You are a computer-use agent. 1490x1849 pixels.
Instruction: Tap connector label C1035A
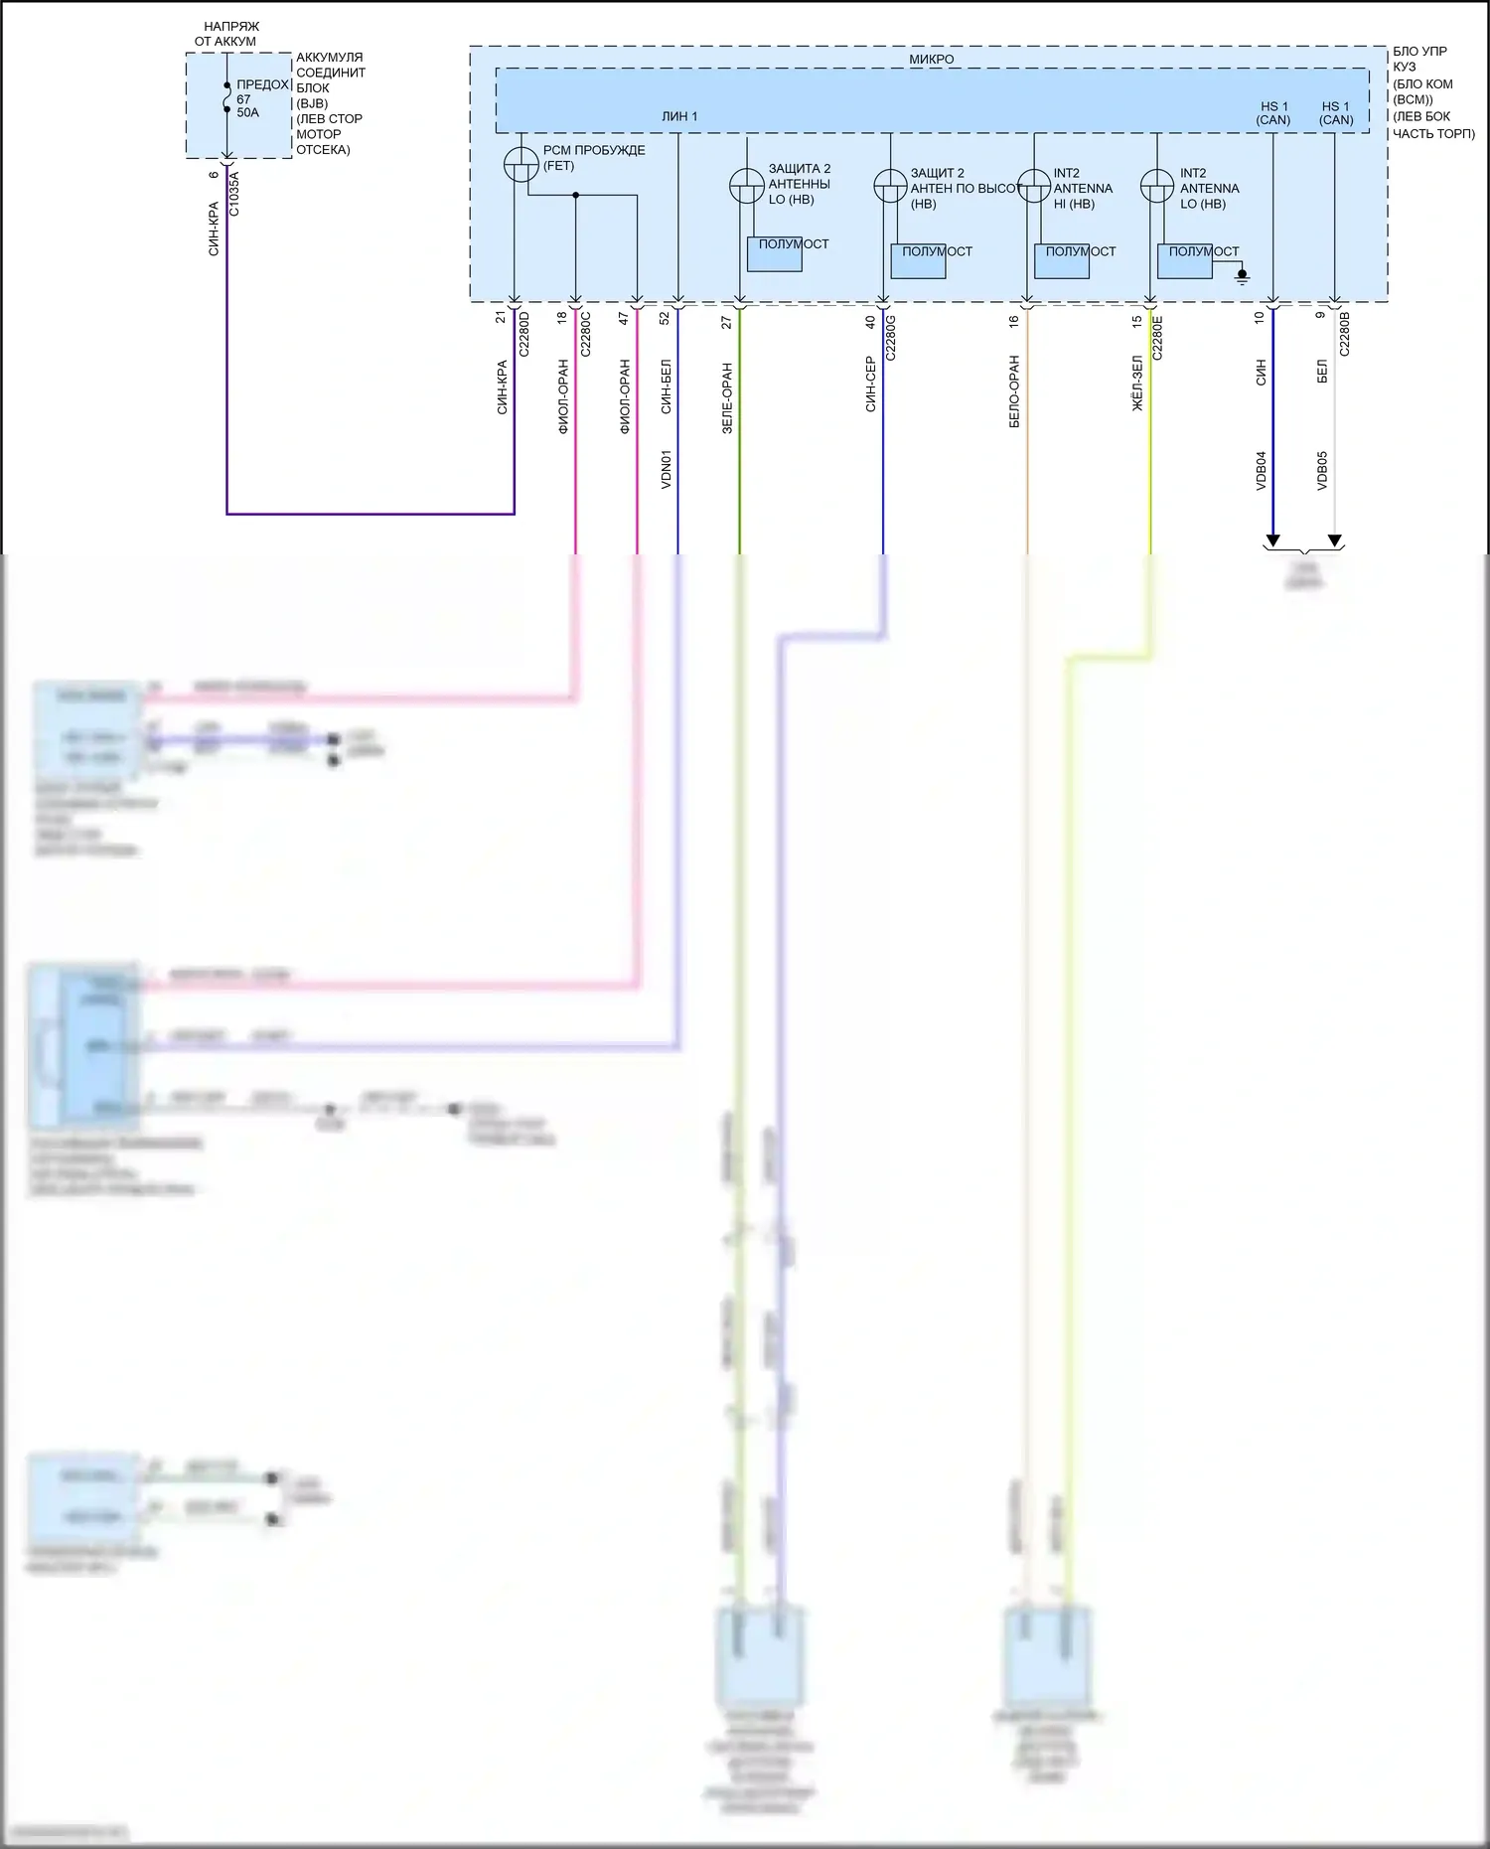tap(234, 194)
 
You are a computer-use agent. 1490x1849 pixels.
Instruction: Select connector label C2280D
tap(524, 334)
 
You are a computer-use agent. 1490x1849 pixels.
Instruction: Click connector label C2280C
tap(586, 334)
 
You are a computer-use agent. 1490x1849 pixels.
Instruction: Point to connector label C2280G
tap(891, 338)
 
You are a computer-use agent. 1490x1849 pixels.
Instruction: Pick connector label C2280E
tap(1157, 338)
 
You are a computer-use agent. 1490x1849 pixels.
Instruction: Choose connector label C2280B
tap(1344, 334)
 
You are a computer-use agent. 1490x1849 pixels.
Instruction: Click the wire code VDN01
tap(667, 469)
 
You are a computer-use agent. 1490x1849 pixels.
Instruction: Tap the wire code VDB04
tap(1262, 470)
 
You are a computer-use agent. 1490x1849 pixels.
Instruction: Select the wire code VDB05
tap(1322, 470)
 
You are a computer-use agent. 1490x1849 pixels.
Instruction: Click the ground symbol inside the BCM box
tap(1242, 276)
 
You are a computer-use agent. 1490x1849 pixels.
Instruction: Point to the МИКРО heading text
tap(931, 60)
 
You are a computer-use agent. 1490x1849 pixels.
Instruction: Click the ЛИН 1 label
tap(679, 116)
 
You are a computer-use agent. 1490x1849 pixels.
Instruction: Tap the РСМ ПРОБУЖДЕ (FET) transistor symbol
tap(521, 165)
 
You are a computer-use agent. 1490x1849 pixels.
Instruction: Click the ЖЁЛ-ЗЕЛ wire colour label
tap(1137, 385)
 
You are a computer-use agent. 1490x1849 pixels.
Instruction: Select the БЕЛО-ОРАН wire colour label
tap(1014, 391)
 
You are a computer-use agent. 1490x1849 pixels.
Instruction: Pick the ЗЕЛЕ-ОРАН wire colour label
tap(727, 397)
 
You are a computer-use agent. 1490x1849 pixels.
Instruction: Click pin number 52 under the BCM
tap(665, 318)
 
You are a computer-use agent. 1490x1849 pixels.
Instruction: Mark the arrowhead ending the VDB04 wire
tap(1272, 541)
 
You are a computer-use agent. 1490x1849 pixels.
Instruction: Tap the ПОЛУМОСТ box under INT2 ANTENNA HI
tap(1062, 260)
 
